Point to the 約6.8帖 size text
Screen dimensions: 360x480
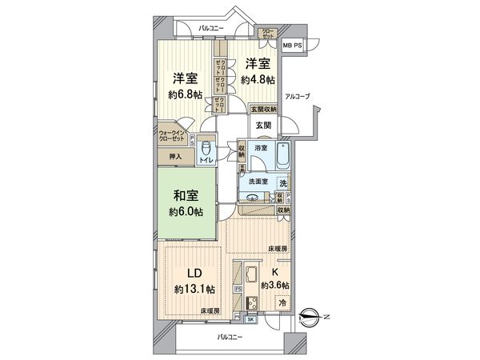tap(185, 94)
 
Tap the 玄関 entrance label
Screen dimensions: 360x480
tap(263, 125)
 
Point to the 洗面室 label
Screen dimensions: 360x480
tap(255, 182)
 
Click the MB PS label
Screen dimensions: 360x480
tap(293, 46)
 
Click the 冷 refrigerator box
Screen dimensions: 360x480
tap(282, 303)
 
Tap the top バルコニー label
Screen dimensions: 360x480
tap(212, 29)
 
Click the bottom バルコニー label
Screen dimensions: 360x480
tap(228, 337)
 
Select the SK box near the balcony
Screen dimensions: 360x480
tap(250, 319)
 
